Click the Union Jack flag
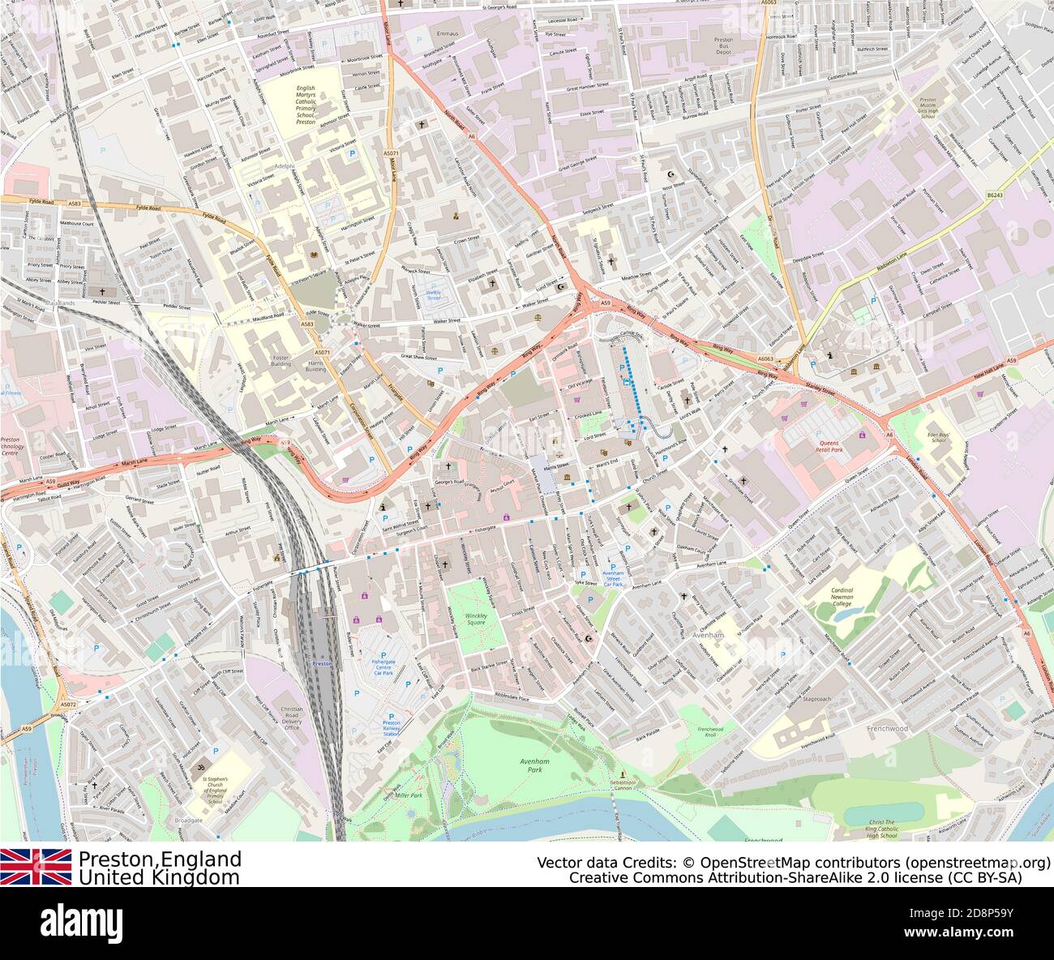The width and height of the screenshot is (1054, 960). click(36, 866)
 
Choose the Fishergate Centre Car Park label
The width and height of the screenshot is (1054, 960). click(383, 667)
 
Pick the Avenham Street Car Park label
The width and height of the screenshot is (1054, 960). click(613, 579)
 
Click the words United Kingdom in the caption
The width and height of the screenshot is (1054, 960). click(159, 877)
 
